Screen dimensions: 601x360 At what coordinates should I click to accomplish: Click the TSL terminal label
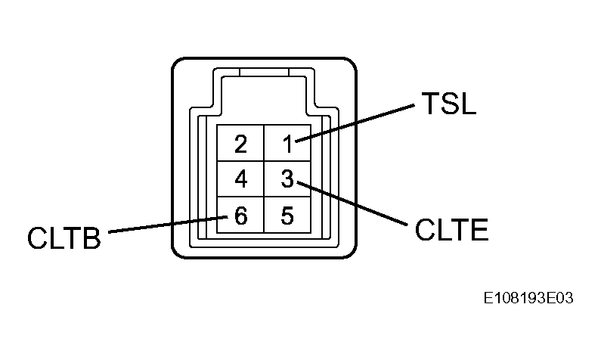[448, 103]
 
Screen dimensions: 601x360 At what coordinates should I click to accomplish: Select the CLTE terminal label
[452, 230]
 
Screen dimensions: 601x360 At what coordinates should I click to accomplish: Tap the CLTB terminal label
[64, 237]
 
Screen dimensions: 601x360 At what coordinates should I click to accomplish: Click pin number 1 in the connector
[288, 144]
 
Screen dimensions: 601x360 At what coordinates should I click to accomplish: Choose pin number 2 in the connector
[240, 144]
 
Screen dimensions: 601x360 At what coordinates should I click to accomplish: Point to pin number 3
[287, 178]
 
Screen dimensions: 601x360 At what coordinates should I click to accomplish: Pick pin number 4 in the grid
[240, 178]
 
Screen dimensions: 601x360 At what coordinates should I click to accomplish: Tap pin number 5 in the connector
[287, 215]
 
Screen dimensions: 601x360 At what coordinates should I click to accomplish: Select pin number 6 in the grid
[240, 215]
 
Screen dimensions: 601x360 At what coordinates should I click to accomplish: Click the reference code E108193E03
[528, 298]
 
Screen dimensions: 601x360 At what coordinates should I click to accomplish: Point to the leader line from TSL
[355, 123]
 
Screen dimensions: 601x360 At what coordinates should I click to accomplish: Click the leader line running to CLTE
[352, 203]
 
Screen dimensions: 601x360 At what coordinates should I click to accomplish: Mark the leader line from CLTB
[169, 225]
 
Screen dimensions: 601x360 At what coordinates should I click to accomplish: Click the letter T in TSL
[429, 103]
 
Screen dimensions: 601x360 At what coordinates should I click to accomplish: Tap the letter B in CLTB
[91, 237]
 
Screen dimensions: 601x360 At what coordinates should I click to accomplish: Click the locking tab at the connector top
[264, 72]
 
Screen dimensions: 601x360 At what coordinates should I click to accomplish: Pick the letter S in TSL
[449, 103]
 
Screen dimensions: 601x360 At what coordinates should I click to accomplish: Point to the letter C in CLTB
[37, 237]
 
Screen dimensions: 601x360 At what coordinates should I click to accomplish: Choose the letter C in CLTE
[425, 230]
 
